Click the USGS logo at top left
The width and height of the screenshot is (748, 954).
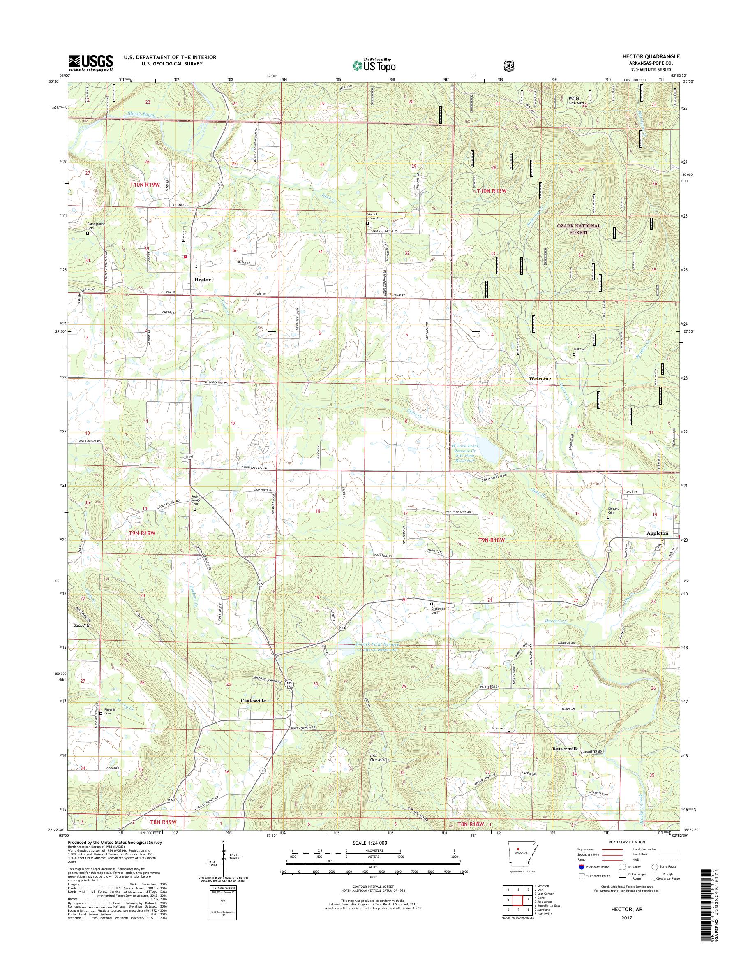point(91,63)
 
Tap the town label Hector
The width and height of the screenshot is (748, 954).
point(203,280)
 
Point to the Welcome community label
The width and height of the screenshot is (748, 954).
point(540,379)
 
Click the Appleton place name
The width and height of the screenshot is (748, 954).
point(657,533)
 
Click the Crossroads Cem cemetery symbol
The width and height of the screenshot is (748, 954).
point(431,604)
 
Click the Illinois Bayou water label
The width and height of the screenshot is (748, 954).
point(139,114)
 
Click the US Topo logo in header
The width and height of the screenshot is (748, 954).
point(374,65)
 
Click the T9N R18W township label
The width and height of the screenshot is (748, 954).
point(491,540)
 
